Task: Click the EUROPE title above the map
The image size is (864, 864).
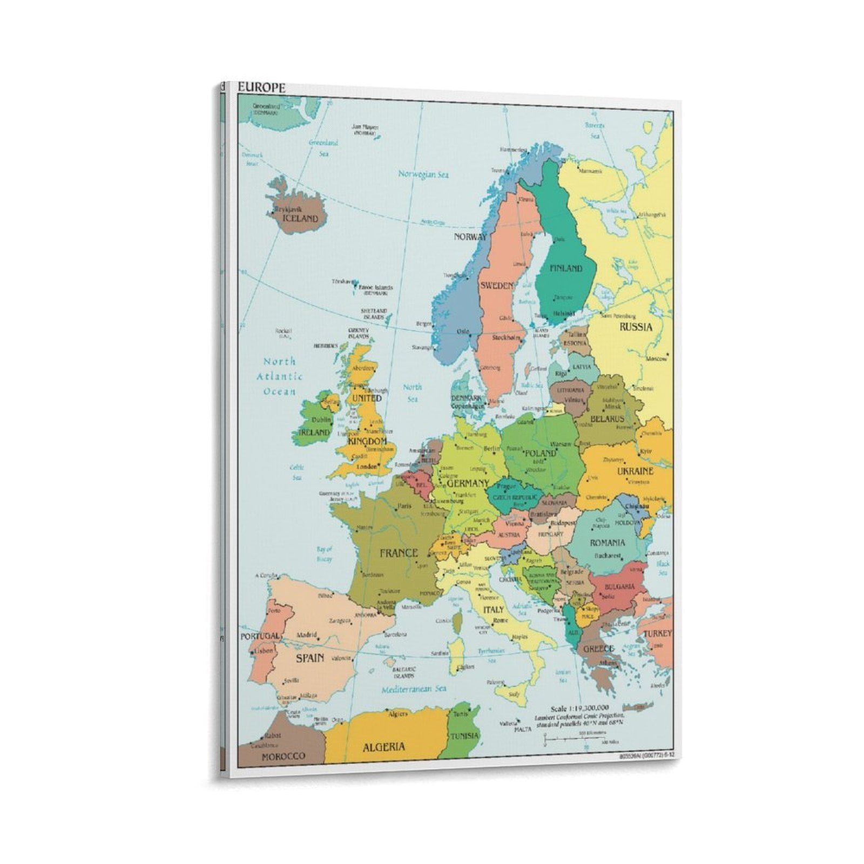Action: [262, 88]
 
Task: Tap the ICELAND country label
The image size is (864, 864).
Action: [301, 219]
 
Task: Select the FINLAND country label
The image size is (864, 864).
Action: [566, 268]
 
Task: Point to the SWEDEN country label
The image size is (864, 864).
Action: [496, 285]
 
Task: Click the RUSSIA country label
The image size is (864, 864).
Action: [636, 327]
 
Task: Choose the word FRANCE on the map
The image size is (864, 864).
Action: [399, 552]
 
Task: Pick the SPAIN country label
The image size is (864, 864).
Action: [310, 657]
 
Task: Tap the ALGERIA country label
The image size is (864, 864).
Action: [384, 747]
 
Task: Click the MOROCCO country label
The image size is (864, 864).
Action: [283, 756]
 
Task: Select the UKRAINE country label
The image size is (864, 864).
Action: [635, 470]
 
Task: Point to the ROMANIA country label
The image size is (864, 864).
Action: [607, 542]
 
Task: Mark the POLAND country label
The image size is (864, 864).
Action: [540, 453]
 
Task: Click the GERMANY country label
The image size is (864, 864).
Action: [468, 483]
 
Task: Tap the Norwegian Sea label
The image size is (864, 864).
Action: [423, 174]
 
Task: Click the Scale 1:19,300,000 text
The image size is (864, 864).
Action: [579, 708]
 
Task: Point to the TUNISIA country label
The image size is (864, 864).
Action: [464, 735]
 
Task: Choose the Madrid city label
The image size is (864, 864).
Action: [306, 635]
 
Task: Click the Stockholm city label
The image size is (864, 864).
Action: [507, 337]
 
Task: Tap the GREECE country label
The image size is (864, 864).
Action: [598, 649]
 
